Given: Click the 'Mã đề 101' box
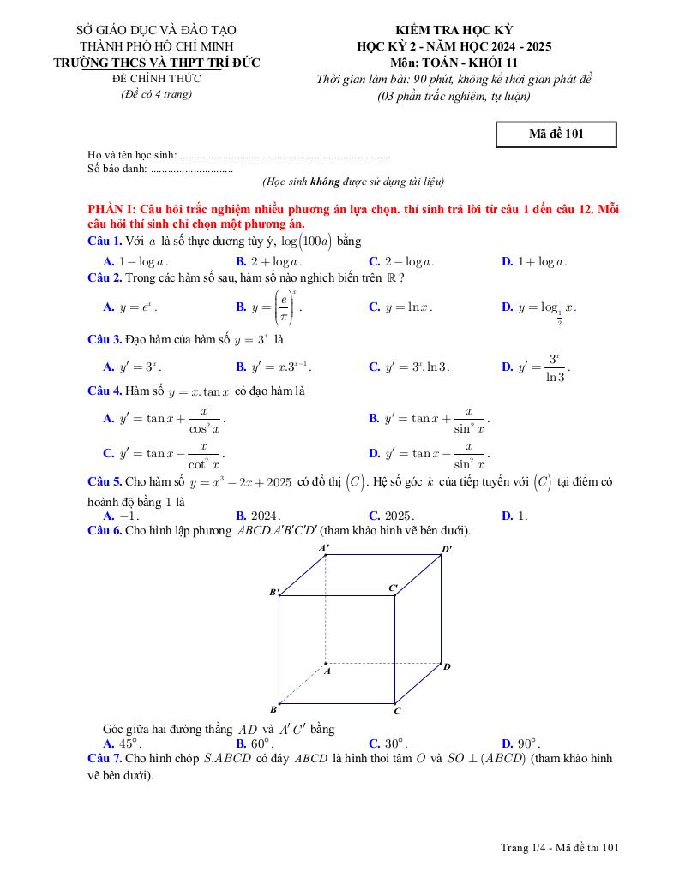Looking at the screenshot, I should tap(556, 134).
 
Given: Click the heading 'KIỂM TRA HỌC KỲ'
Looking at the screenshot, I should tap(454, 30).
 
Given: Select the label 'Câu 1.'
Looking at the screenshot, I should tap(105, 241).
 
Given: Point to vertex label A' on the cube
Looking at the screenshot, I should tap(324, 547).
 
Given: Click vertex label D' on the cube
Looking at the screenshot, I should tap(447, 549).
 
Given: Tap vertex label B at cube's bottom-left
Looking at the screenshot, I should tap(273, 709).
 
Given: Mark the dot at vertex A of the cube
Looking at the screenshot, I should tap(326, 663).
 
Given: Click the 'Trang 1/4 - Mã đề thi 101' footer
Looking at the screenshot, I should tap(560, 848).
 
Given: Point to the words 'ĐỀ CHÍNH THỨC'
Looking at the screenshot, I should tap(156, 78).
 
